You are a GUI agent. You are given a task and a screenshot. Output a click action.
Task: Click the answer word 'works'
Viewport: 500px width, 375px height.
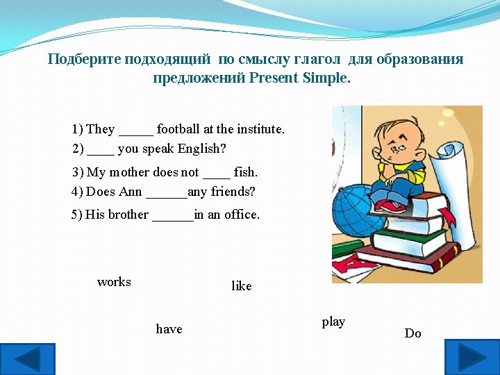point(114,282)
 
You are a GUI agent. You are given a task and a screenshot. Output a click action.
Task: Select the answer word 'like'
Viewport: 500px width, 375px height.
point(241,286)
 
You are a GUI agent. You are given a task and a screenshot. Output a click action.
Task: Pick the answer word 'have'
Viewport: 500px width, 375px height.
point(169,329)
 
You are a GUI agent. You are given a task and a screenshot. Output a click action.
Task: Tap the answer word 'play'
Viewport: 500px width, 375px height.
point(333,322)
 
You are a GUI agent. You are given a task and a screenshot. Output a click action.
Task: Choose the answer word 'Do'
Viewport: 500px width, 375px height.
point(412,333)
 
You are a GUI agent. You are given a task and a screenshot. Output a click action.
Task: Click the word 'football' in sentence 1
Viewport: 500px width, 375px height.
point(178,129)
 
